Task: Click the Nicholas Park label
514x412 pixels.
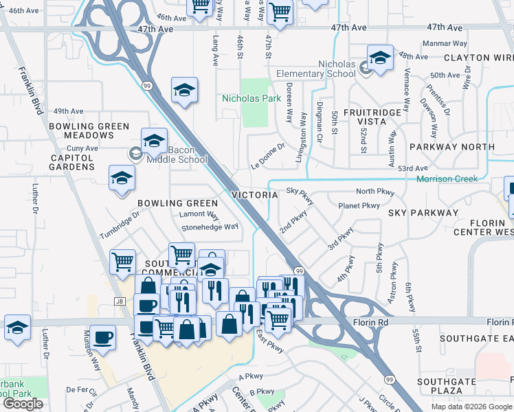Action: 252,98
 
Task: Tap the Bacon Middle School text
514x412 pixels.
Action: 177,154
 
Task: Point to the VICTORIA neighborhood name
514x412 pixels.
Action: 254,195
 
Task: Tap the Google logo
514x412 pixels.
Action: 23,404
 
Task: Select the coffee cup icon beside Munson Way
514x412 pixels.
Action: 102,337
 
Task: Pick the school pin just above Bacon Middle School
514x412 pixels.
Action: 154,140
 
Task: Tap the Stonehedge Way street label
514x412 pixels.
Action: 210,227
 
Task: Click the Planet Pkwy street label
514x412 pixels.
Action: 359,205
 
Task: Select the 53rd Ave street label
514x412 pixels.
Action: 413,168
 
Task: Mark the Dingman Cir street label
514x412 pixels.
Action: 320,122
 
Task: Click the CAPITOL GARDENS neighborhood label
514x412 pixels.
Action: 72,161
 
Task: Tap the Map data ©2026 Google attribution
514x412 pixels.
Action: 471,407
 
